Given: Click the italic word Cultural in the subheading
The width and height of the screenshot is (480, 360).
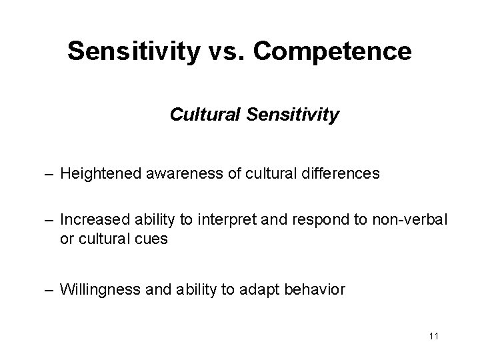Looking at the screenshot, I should [201, 115].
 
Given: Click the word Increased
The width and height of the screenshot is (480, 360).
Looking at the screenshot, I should [89, 221].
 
